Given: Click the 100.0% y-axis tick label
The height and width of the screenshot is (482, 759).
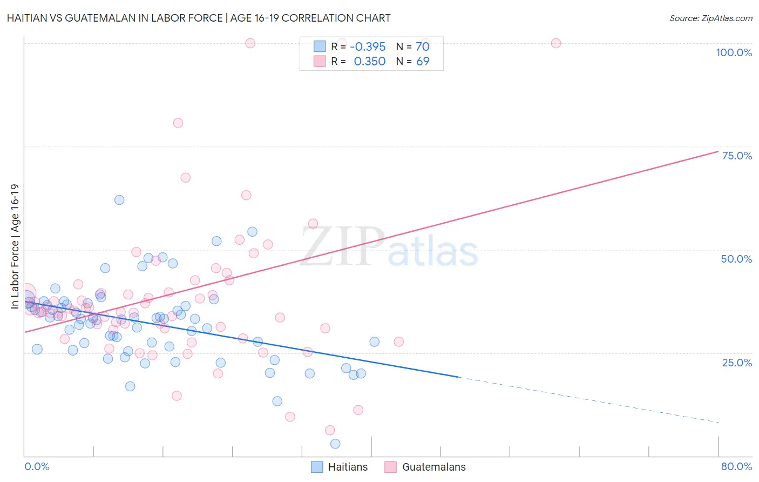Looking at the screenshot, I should (734, 52).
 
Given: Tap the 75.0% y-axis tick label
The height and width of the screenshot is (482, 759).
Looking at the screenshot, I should (737, 156).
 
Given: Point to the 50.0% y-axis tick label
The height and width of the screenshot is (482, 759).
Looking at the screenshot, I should (736, 259).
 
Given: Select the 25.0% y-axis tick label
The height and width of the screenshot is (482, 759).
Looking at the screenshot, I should (737, 363).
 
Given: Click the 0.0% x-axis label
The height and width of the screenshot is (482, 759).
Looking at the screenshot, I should (37, 466).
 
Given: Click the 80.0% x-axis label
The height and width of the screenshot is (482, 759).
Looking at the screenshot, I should (736, 466).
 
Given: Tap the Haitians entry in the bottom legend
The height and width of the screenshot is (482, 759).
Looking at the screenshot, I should (348, 467).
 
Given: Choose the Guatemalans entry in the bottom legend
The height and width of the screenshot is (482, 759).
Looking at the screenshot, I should (433, 467).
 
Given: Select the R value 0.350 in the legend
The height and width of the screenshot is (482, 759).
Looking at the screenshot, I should (369, 61).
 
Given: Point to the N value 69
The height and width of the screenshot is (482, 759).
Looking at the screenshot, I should (423, 61).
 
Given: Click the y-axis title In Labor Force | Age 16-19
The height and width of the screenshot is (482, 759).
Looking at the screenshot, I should (15, 246).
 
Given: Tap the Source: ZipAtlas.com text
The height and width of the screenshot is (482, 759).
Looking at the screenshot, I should (710, 18).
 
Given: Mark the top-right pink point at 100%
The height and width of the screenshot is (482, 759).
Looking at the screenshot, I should (556, 43).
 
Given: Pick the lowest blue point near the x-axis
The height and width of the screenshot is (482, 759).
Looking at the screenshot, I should (335, 444).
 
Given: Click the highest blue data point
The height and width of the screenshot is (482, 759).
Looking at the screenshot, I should (119, 200).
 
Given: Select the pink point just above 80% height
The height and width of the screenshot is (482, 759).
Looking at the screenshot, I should (178, 123).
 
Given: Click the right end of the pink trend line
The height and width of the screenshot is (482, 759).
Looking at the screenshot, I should (717, 151).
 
